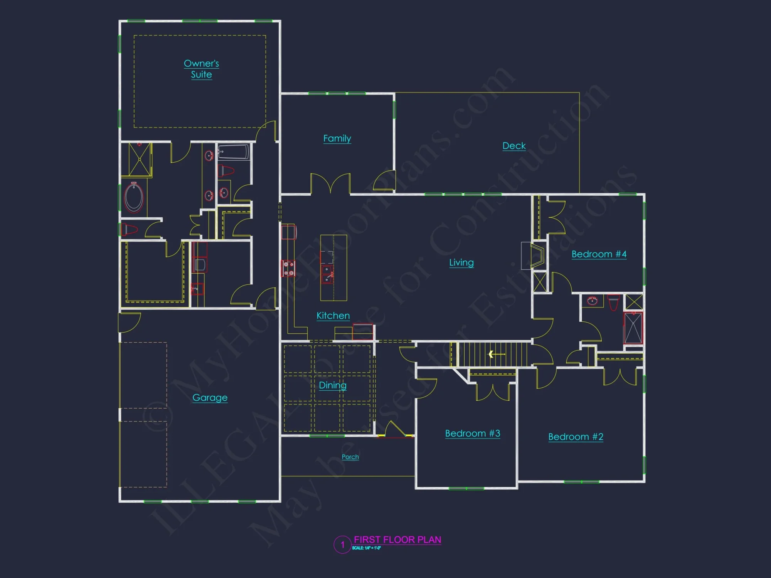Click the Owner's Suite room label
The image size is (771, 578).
[x=201, y=69]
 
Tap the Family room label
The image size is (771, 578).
[x=337, y=138]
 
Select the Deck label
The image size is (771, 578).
[x=514, y=146]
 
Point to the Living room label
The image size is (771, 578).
[x=461, y=262]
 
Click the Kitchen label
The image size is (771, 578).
[x=333, y=316]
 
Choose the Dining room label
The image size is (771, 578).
[x=333, y=385]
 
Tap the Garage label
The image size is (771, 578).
[x=210, y=398]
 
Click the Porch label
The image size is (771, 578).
[x=350, y=457]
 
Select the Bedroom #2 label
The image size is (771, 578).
[x=576, y=437]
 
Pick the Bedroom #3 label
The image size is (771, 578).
[x=473, y=434]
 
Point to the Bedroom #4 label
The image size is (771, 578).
[x=599, y=254]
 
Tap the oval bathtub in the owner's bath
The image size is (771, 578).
[x=134, y=198]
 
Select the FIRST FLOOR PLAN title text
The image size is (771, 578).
[x=397, y=539]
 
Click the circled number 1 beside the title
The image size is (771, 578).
[x=342, y=545]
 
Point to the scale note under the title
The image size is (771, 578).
[x=366, y=548]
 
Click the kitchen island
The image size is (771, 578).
[x=333, y=268]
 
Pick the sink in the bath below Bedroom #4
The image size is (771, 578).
[x=592, y=300]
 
